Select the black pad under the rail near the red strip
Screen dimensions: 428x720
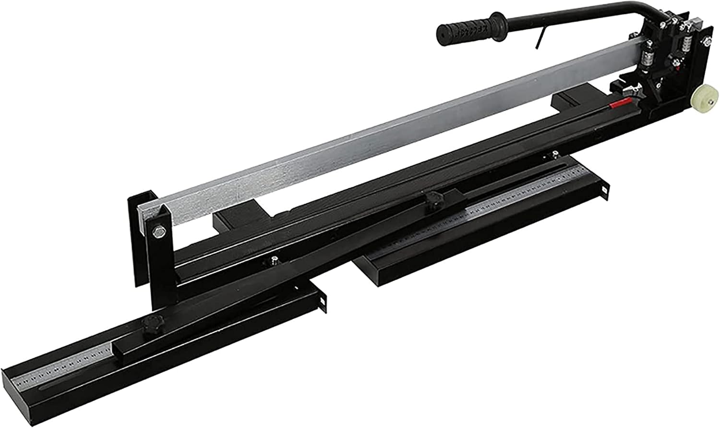click(x=566, y=101)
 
